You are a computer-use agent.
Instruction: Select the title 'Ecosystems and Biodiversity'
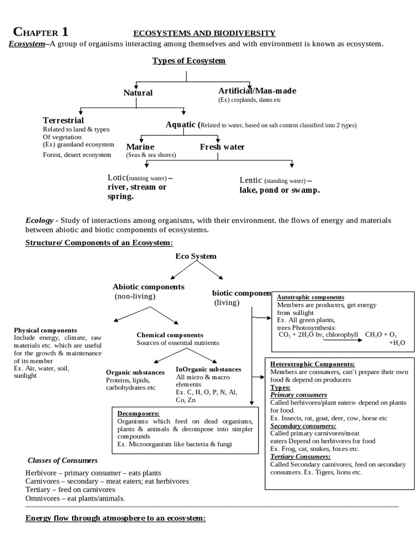point(205,33)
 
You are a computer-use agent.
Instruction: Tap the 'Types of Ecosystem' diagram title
point(189,61)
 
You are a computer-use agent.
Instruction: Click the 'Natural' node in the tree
point(138,93)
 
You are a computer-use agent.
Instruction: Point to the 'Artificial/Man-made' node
point(257,90)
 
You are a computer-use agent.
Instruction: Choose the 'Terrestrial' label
point(63,120)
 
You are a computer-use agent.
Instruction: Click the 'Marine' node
point(140,147)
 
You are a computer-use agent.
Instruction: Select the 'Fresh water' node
point(222,147)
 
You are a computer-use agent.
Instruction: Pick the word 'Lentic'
point(251,180)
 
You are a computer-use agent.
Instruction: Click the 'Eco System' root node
point(196,256)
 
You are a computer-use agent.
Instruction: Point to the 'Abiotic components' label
point(148,287)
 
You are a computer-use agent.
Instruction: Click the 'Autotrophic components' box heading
point(310,296)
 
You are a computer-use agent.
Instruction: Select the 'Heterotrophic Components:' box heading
point(313,364)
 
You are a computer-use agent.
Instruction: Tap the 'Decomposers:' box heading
point(138,414)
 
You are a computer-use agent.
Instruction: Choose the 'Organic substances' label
point(135,372)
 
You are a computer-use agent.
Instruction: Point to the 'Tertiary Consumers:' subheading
point(301,456)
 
